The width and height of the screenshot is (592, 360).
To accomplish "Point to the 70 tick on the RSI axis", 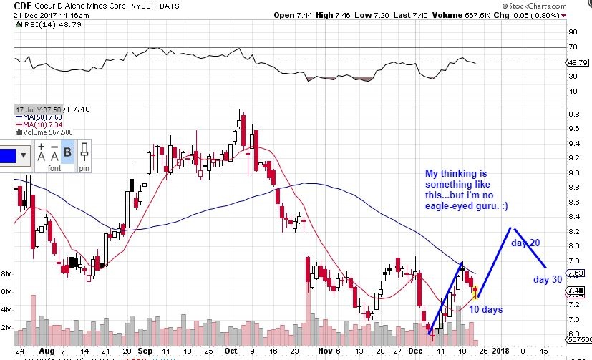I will click(x=573, y=47).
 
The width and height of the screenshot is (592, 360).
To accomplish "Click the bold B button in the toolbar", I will click(x=67, y=152).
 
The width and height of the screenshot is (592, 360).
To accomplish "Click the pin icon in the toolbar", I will click(x=84, y=152).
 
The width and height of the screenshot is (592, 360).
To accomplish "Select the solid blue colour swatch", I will click(x=10, y=155).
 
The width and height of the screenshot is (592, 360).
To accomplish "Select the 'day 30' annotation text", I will click(x=548, y=279).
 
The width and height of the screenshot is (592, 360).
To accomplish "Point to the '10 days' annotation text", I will click(x=486, y=309).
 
